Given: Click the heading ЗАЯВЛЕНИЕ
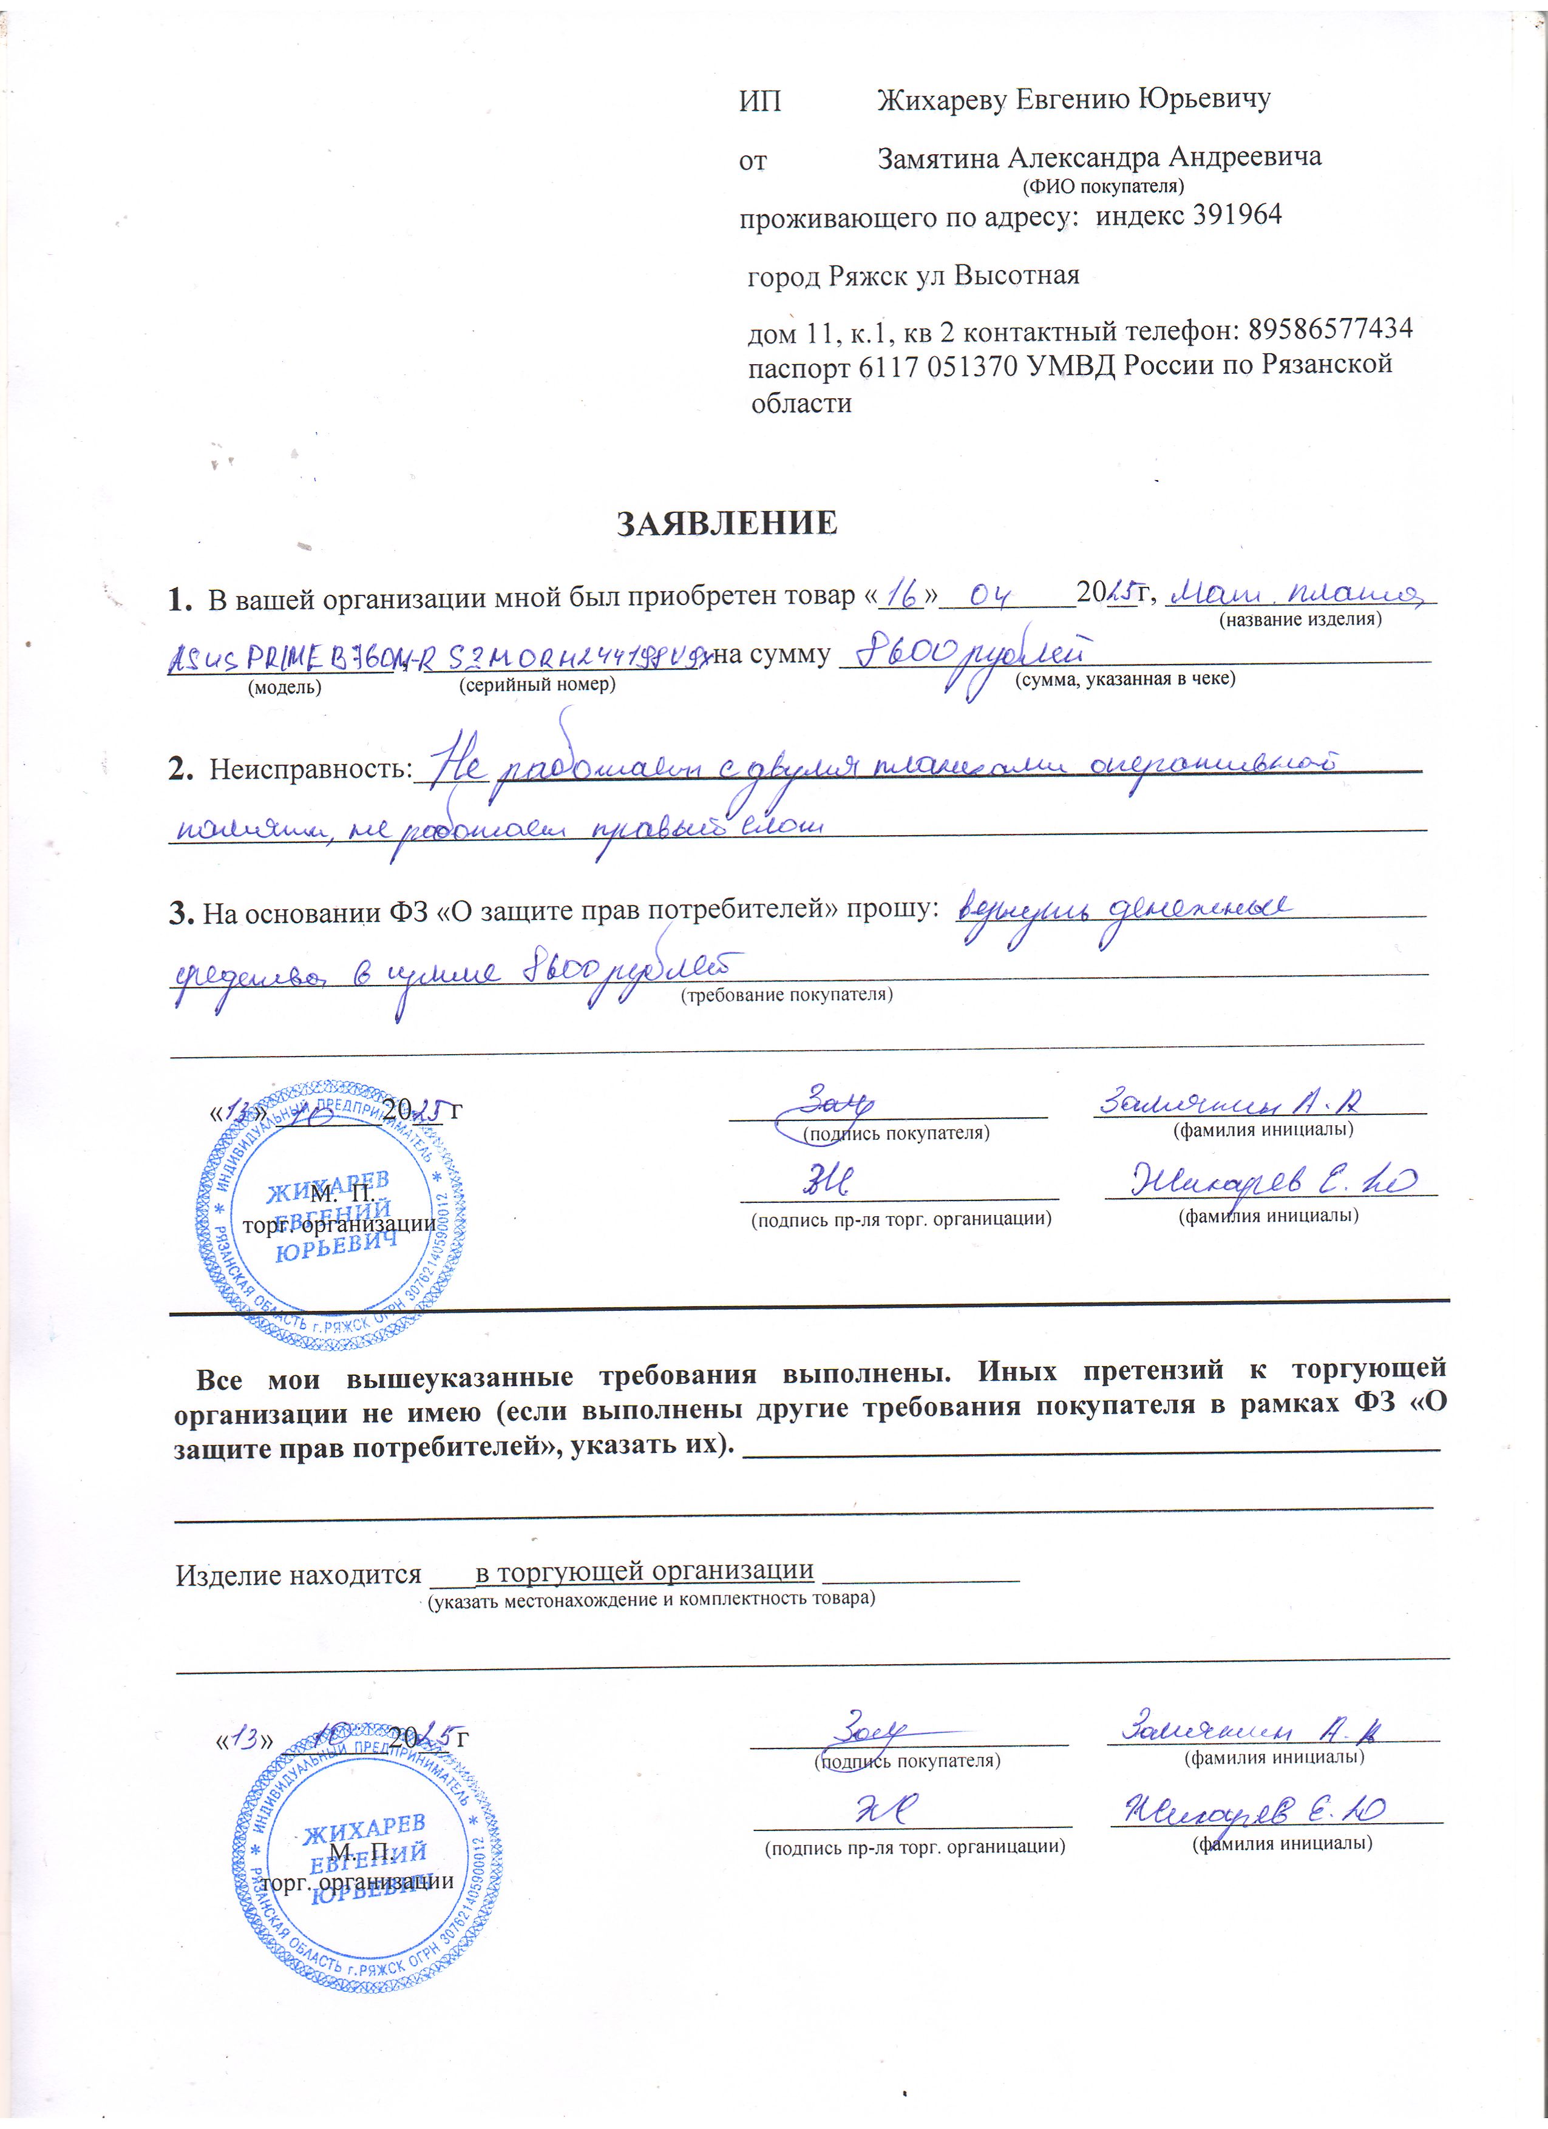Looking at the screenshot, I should tap(727, 523).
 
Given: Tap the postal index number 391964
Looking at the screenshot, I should tap(1237, 215).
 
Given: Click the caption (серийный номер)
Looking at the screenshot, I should tap(537, 685).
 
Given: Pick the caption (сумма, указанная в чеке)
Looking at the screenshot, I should tap(1125, 678).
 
